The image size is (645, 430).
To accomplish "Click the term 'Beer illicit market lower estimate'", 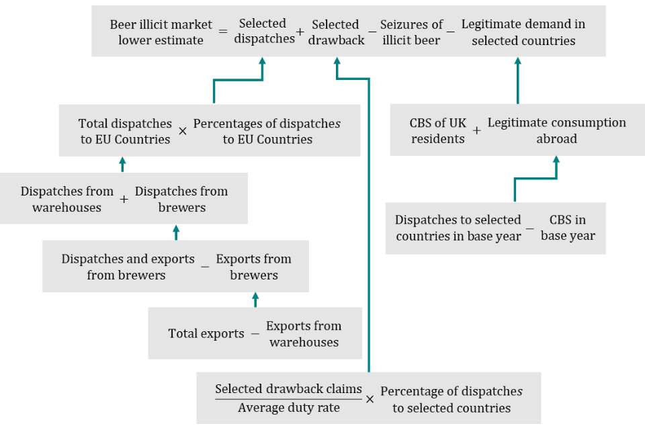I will [161, 32].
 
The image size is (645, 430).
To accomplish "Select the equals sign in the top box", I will [223, 32].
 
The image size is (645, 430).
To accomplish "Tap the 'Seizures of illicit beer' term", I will [411, 32].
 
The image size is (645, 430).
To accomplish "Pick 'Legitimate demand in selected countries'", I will [523, 32].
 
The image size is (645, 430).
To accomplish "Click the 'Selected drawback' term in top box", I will [336, 32].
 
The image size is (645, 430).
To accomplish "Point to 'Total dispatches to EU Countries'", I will [125, 132].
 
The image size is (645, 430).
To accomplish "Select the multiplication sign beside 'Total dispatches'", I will [183, 132].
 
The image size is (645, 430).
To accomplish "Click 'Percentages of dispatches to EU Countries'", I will [267, 132].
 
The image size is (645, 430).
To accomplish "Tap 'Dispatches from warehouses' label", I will [66, 200].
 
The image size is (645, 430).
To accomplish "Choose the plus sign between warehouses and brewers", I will [124, 200].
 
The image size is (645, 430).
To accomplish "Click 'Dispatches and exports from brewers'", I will [128, 267].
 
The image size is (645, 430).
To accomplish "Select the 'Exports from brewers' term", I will [254, 267].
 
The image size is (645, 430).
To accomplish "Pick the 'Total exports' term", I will [206, 334].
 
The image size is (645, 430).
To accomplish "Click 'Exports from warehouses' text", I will [304, 334].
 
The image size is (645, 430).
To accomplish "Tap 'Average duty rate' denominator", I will [289, 408].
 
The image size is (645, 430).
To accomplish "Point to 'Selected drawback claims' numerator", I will [289, 389].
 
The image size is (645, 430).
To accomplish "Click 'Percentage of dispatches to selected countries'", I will [451, 399].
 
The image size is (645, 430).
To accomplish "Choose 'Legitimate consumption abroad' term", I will [556, 130].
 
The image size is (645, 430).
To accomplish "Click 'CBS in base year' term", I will [568, 228].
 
